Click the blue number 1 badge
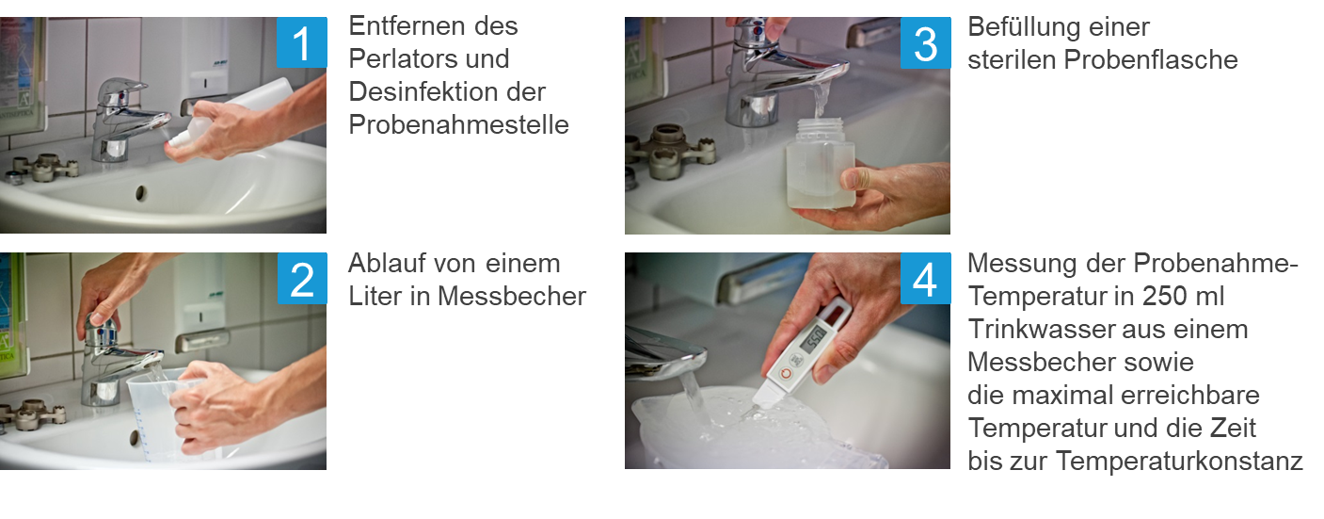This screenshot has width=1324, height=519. tap(301, 42)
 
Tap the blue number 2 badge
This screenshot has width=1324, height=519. tap(302, 279)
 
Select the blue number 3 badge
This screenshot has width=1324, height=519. tap(926, 42)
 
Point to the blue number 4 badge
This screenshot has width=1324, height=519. tap(926, 279)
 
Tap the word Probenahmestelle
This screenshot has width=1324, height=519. tap(458, 125)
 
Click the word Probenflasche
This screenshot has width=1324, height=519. tap(1151, 59)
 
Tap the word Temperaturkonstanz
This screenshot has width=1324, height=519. tap(1179, 462)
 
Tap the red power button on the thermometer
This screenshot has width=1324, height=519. tap(786, 373)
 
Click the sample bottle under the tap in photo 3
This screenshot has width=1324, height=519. tap(821, 164)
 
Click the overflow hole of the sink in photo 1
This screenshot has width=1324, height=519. tap(140, 193)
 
